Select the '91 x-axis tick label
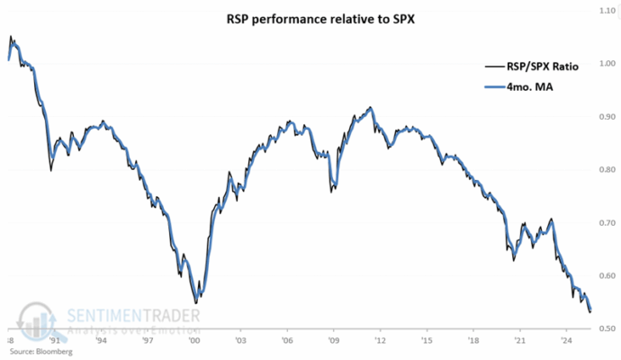(54, 342)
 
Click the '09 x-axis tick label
(333, 342)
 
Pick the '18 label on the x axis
(472, 342)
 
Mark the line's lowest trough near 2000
(195, 303)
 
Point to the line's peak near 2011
(372, 107)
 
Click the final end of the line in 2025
(589, 311)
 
